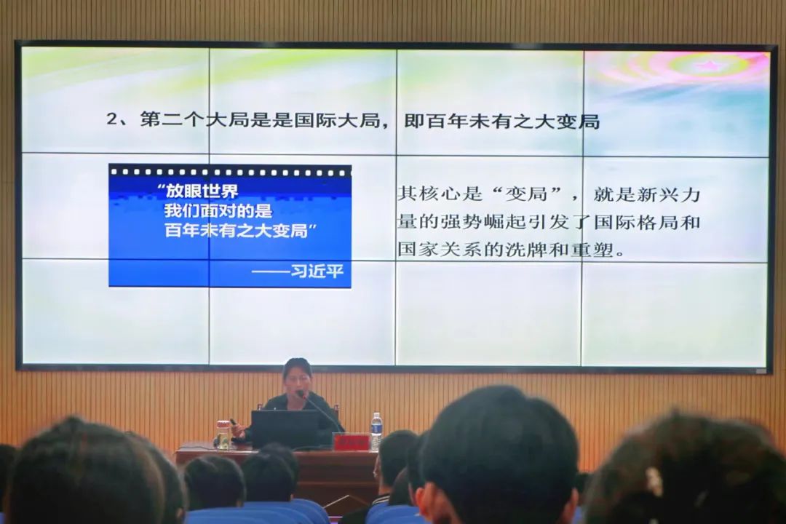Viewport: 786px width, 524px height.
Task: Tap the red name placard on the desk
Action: tap(351, 442)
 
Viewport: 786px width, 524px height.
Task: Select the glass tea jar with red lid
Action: tap(223, 434)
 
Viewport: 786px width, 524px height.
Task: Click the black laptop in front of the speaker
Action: tap(285, 428)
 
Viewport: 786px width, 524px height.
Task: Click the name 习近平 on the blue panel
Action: tap(317, 271)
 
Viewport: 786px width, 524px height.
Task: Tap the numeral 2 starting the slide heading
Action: tap(112, 119)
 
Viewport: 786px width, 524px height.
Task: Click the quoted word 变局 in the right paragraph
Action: tap(525, 194)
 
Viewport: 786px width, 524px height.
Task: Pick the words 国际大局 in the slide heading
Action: tap(338, 120)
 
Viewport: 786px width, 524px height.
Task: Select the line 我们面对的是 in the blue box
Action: tap(218, 210)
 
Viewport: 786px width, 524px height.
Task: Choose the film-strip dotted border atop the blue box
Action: tap(229, 172)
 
